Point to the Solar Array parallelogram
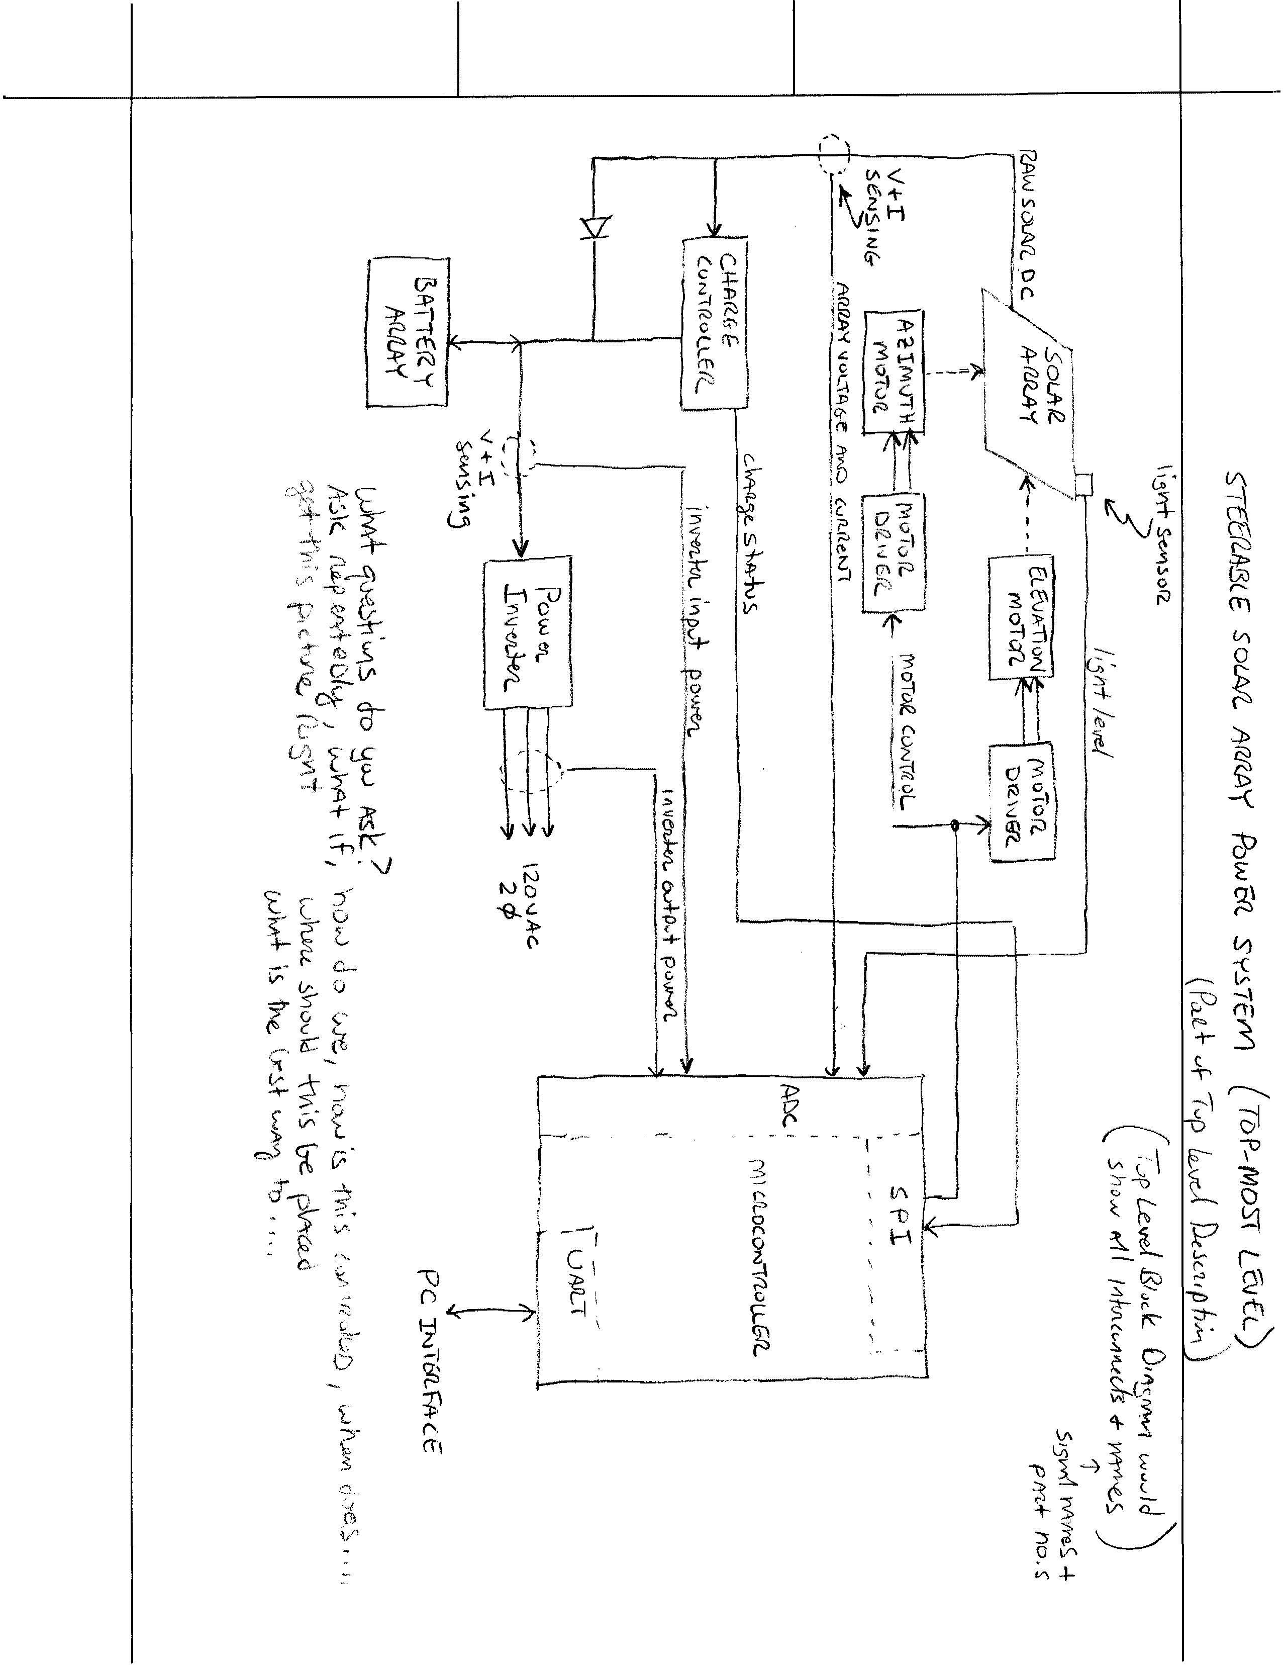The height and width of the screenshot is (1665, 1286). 1029,393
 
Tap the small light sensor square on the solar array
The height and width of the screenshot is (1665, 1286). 1083,485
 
